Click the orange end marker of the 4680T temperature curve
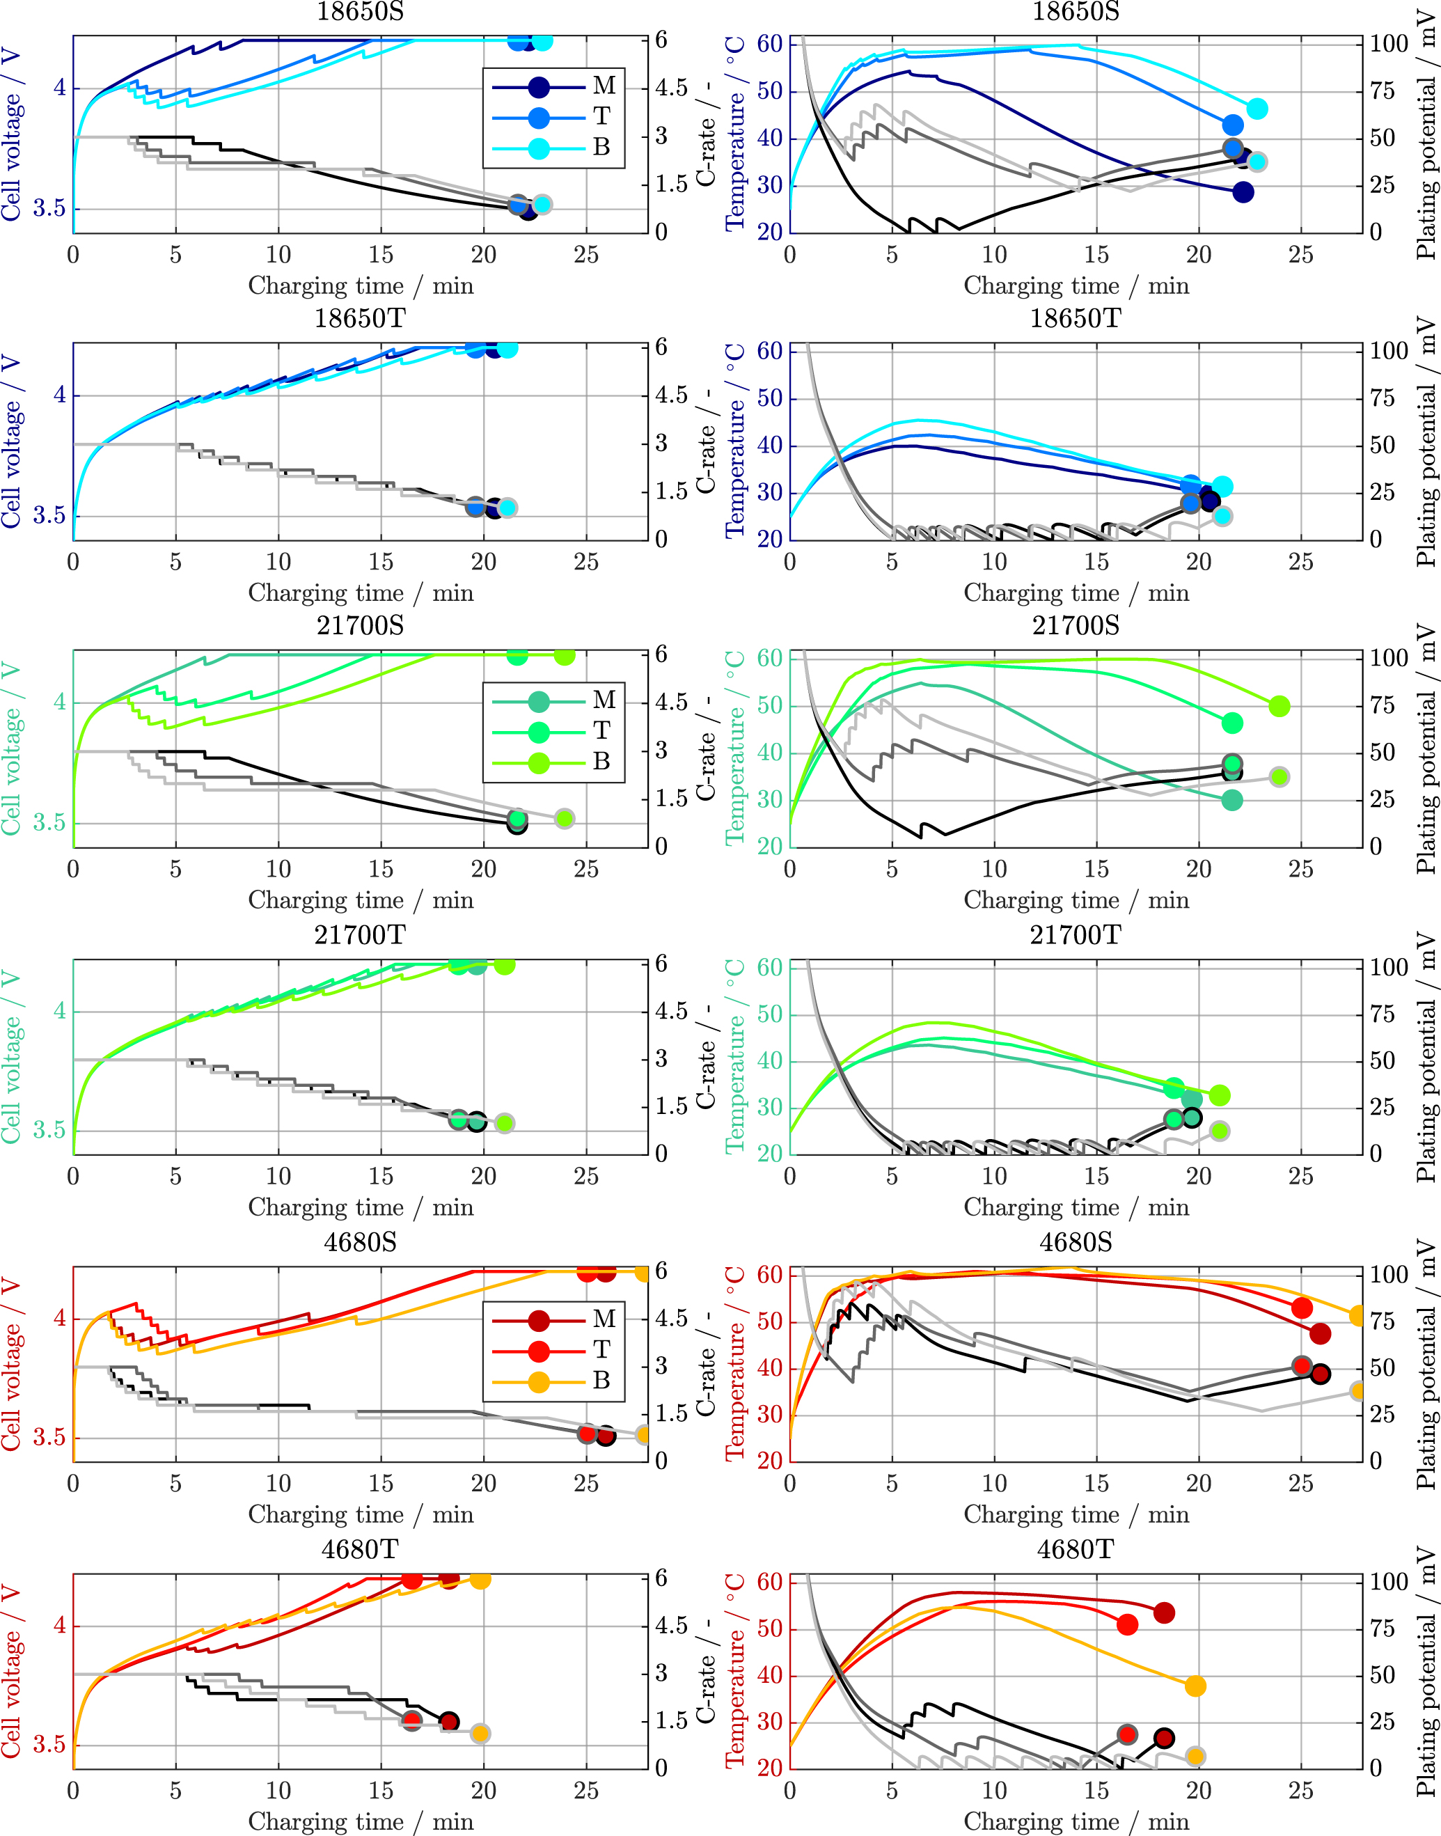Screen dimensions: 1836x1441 (1195, 1686)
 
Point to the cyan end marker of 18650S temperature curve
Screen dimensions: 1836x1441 (1257, 109)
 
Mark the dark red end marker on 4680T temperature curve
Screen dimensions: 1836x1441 (1164, 1613)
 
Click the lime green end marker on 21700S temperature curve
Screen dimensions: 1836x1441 (1279, 706)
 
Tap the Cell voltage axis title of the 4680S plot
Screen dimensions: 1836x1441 (11, 1365)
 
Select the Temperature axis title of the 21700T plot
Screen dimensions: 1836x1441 (735, 1056)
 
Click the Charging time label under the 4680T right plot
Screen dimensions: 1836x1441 (1076, 1821)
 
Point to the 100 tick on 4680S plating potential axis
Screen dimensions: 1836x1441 (1388, 1274)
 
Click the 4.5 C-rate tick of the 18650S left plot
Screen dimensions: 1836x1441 (672, 88)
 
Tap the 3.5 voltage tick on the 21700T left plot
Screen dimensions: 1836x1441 (49, 1130)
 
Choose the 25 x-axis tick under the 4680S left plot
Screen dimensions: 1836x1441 (585, 1483)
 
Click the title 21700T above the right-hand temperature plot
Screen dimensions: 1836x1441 (1076, 935)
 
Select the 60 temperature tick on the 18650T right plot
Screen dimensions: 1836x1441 (769, 351)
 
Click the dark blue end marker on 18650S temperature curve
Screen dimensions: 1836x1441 (1243, 192)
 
